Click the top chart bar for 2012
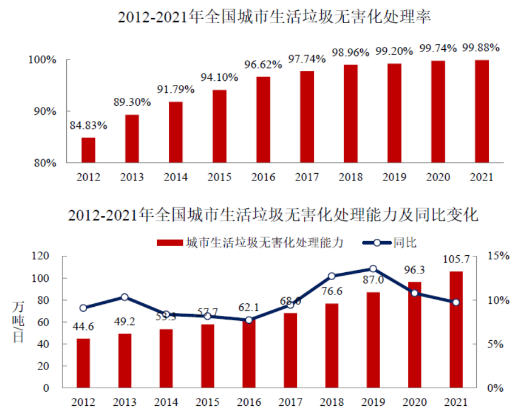(x=88, y=150)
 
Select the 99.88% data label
(x=481, y=48)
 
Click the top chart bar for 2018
(x=351, y=113)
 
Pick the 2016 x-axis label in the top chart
(x=263, y=177)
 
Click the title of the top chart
(x=275, y=16)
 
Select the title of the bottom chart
(x=273, y=216)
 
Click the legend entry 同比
(x=405, y=243)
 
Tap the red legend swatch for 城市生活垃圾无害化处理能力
(x=168, y=243)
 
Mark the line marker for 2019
(x=373, y=269)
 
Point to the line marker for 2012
(x=83, y=308)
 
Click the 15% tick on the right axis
(x=498, y=256)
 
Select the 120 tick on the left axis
(x=41, y=256)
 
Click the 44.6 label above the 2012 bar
(x=83, y=327)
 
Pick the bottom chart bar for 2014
(x=166, y=359)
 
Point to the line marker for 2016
(x=249, y=320)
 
